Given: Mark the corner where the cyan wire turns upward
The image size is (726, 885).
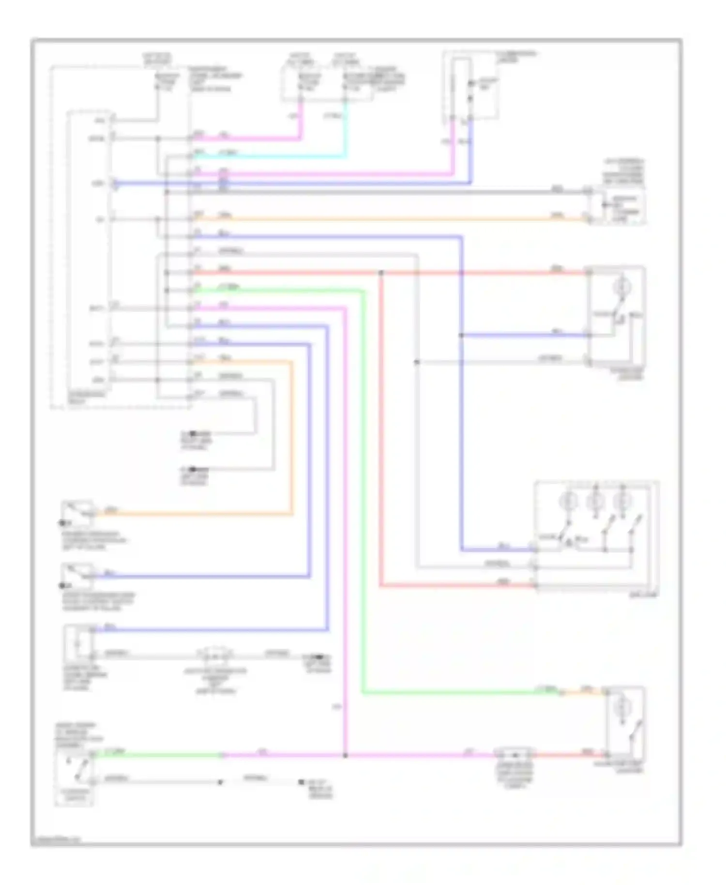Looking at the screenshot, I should point(345,156).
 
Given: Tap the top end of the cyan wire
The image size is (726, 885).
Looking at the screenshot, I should point(345,101).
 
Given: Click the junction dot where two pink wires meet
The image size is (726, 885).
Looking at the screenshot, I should point(345,755).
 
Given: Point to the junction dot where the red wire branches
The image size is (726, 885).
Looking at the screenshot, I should point(381,273).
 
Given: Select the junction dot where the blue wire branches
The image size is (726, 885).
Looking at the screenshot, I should point(461,335).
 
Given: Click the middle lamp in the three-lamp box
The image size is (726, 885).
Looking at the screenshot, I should point(595,502).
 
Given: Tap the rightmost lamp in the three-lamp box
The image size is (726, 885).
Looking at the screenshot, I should point(622,502).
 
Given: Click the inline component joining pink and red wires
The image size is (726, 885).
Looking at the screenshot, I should point(514,754).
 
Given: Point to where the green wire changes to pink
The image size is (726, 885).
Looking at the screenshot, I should point(223,755).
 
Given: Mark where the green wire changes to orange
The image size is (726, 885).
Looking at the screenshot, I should point(561,693).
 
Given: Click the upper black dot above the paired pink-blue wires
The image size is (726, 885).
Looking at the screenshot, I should point(471,84).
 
